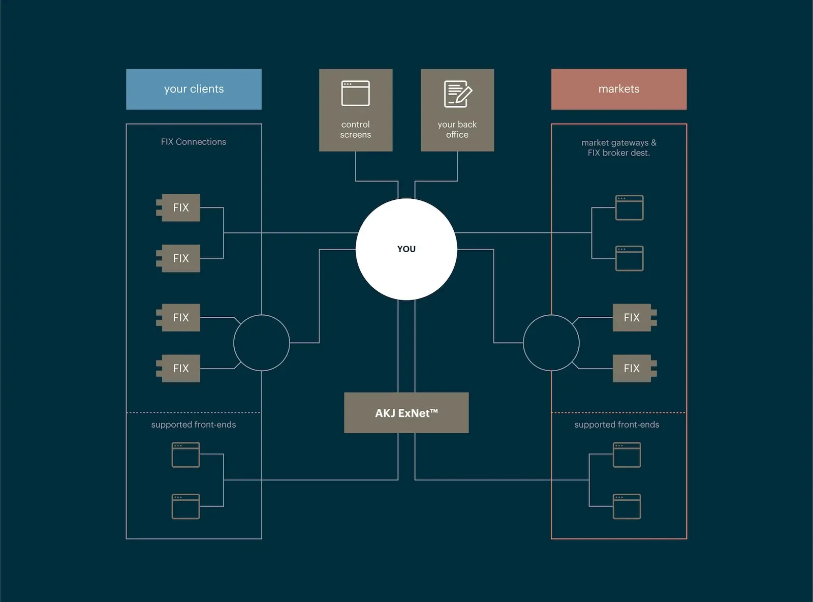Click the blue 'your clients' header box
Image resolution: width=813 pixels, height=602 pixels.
[194, 89]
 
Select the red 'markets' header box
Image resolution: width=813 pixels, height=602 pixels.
[618, 89]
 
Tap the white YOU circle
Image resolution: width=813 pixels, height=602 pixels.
[406, 249]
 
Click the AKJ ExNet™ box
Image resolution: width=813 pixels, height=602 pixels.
[406, 413]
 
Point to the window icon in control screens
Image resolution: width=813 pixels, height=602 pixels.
[355, 94]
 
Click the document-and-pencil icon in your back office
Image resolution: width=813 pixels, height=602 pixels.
[457, 94]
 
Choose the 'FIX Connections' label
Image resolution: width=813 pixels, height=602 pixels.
[193, 142]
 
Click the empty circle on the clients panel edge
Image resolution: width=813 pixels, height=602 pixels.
[261, 343]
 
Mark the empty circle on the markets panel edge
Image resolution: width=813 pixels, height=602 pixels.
[551, 343]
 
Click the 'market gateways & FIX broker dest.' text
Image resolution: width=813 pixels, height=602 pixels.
[618, 147]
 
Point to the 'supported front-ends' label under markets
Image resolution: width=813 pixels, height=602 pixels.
[616, 425]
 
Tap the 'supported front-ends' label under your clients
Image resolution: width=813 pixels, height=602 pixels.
[193, 425]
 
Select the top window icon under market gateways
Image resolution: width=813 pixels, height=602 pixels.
[629, 207]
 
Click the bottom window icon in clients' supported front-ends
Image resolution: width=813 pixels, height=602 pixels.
[185, 506]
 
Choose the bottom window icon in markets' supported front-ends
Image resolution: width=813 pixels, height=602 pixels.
[627, 506]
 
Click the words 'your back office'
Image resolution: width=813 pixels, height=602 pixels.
[457, 130]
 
